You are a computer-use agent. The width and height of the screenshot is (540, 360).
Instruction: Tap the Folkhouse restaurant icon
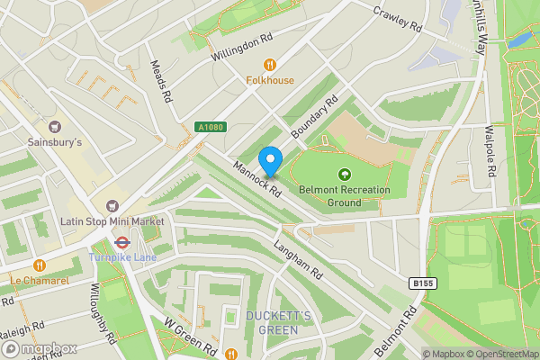(x=269, y=64)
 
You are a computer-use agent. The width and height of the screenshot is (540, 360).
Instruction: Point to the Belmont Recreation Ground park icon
(x=343, y=175)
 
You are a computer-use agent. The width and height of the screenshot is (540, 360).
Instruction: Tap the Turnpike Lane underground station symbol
(x=121, y=242)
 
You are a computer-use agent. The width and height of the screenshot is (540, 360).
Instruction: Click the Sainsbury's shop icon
(x=55, y=126)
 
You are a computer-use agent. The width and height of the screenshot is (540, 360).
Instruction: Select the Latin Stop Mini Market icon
(x=112, y=206)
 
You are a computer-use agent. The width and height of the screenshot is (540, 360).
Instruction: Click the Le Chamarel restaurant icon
(x=40, y=265)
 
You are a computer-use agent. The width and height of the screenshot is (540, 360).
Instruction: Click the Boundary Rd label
(x=313, y=118)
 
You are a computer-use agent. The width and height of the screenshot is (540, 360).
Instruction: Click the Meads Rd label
(x=162, y=81)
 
